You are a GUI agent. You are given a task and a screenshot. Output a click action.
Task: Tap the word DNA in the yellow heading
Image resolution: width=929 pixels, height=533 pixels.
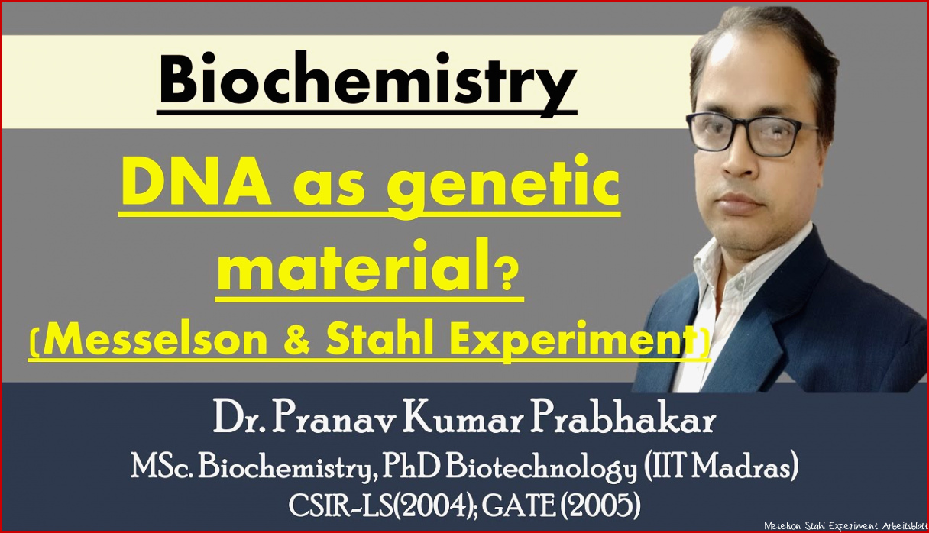pos(196,183)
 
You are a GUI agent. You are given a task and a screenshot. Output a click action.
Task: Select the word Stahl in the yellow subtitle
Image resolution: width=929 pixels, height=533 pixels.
pos(385,339)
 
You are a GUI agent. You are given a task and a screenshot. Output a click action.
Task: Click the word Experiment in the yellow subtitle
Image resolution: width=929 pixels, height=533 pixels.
pos(573,341)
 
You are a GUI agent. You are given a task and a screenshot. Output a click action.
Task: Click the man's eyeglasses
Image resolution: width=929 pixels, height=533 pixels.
pos(751,134)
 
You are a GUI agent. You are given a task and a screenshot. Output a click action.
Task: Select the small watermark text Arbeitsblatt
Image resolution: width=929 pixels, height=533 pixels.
pos(904,526)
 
